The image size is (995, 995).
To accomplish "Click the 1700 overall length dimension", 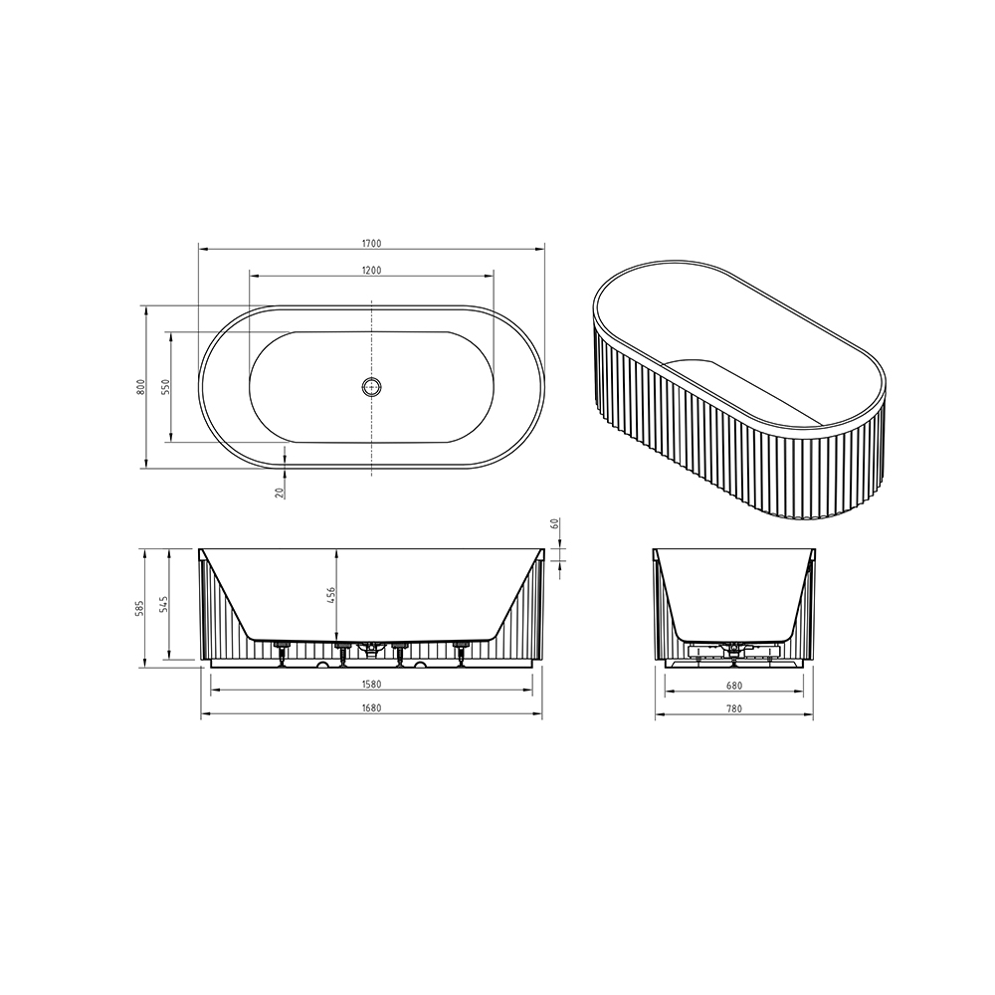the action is pyautogui.click(x=372, y=243).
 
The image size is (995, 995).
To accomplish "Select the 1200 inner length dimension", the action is pyautogui.click(x=372, y=271).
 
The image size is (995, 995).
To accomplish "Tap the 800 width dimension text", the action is pyautogui.click(x=141, y=386).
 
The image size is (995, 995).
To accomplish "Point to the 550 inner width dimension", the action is pyautogui.click(x=165, y=386).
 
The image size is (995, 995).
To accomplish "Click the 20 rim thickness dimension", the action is pyautogui.click(x=280, y=492).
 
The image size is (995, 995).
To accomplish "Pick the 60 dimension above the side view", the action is pyautogui.click(x=554, y=524).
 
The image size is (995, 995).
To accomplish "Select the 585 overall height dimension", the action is pyautogui.click(x=141, y=608).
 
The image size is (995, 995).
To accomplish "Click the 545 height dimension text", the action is pyautogui.click(x=164, y=604).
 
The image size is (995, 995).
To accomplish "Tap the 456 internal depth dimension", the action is pyautogui.click(x=330, y=596).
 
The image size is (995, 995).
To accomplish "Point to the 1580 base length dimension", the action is pyautogui.click(x=372, y=685).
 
